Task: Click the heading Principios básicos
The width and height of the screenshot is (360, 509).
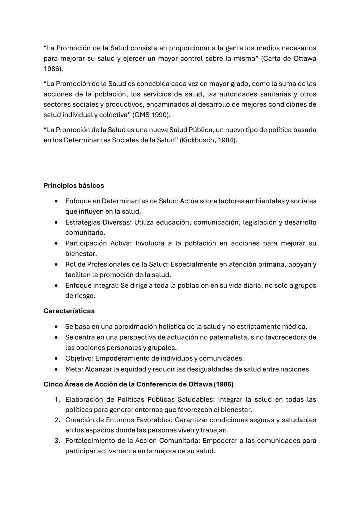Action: point(74,186)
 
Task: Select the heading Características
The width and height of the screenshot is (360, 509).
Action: point(69,311)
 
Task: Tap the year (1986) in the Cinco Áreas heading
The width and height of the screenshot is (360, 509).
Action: point(223,384)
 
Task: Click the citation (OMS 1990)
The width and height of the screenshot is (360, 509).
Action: point(151,115)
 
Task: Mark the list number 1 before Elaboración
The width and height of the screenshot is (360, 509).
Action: point(57,399)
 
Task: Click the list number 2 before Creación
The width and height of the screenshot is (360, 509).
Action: point(57,420)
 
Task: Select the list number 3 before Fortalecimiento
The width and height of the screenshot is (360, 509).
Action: point(57,441)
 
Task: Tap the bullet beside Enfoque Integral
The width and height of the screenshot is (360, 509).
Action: point(57,286)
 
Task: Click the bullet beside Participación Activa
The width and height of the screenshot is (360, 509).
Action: point(57,243)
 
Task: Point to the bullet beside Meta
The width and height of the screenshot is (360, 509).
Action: point(57,369)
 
